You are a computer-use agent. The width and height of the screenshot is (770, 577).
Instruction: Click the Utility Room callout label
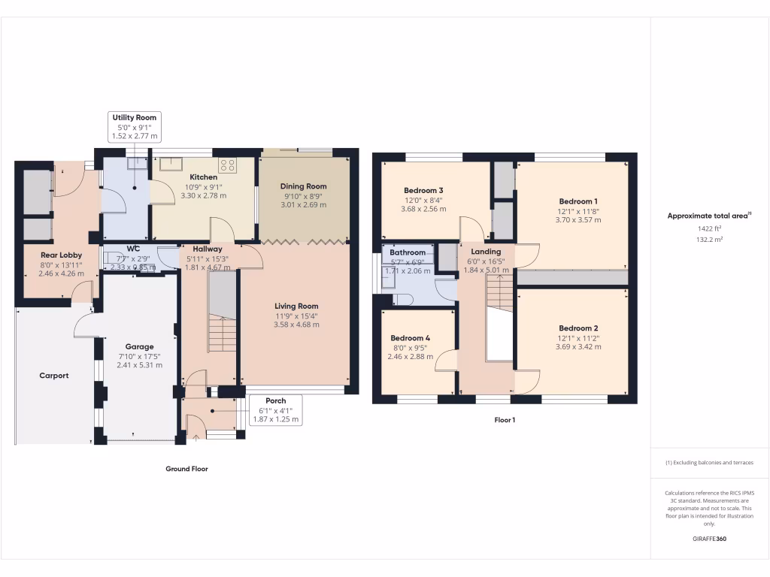(x=135, y=118)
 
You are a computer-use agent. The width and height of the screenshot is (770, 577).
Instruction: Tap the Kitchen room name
(x=203, y=177)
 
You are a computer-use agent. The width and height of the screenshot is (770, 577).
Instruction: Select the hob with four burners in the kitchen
(x=227, y=165)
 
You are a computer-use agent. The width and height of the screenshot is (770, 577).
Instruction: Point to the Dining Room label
(x=303, y=186)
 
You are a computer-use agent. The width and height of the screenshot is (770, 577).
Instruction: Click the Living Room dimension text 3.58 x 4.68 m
(x=296, y=325)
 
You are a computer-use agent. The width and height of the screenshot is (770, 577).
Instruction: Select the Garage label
(x=139, y=347)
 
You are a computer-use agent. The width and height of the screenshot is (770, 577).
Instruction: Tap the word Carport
(x=54, y=376)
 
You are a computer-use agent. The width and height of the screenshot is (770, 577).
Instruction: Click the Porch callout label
(x=275, y=401)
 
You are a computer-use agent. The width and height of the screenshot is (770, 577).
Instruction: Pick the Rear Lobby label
(x=62, y=255)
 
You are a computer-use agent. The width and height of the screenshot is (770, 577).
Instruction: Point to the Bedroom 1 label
(x=578, y=201)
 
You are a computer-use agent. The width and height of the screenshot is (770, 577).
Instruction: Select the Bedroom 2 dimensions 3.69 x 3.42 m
(x=578, y=347)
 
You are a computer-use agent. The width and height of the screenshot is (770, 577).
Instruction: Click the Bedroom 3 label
(x=423, y=191)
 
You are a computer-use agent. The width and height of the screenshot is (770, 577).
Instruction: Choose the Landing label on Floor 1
(x=486, y=252)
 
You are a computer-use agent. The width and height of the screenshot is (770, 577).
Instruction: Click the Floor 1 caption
(x=504, y=421)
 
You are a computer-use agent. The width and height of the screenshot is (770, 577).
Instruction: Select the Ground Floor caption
(x=186, y=469)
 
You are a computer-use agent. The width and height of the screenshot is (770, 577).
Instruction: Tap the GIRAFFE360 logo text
(x=709, y=539)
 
